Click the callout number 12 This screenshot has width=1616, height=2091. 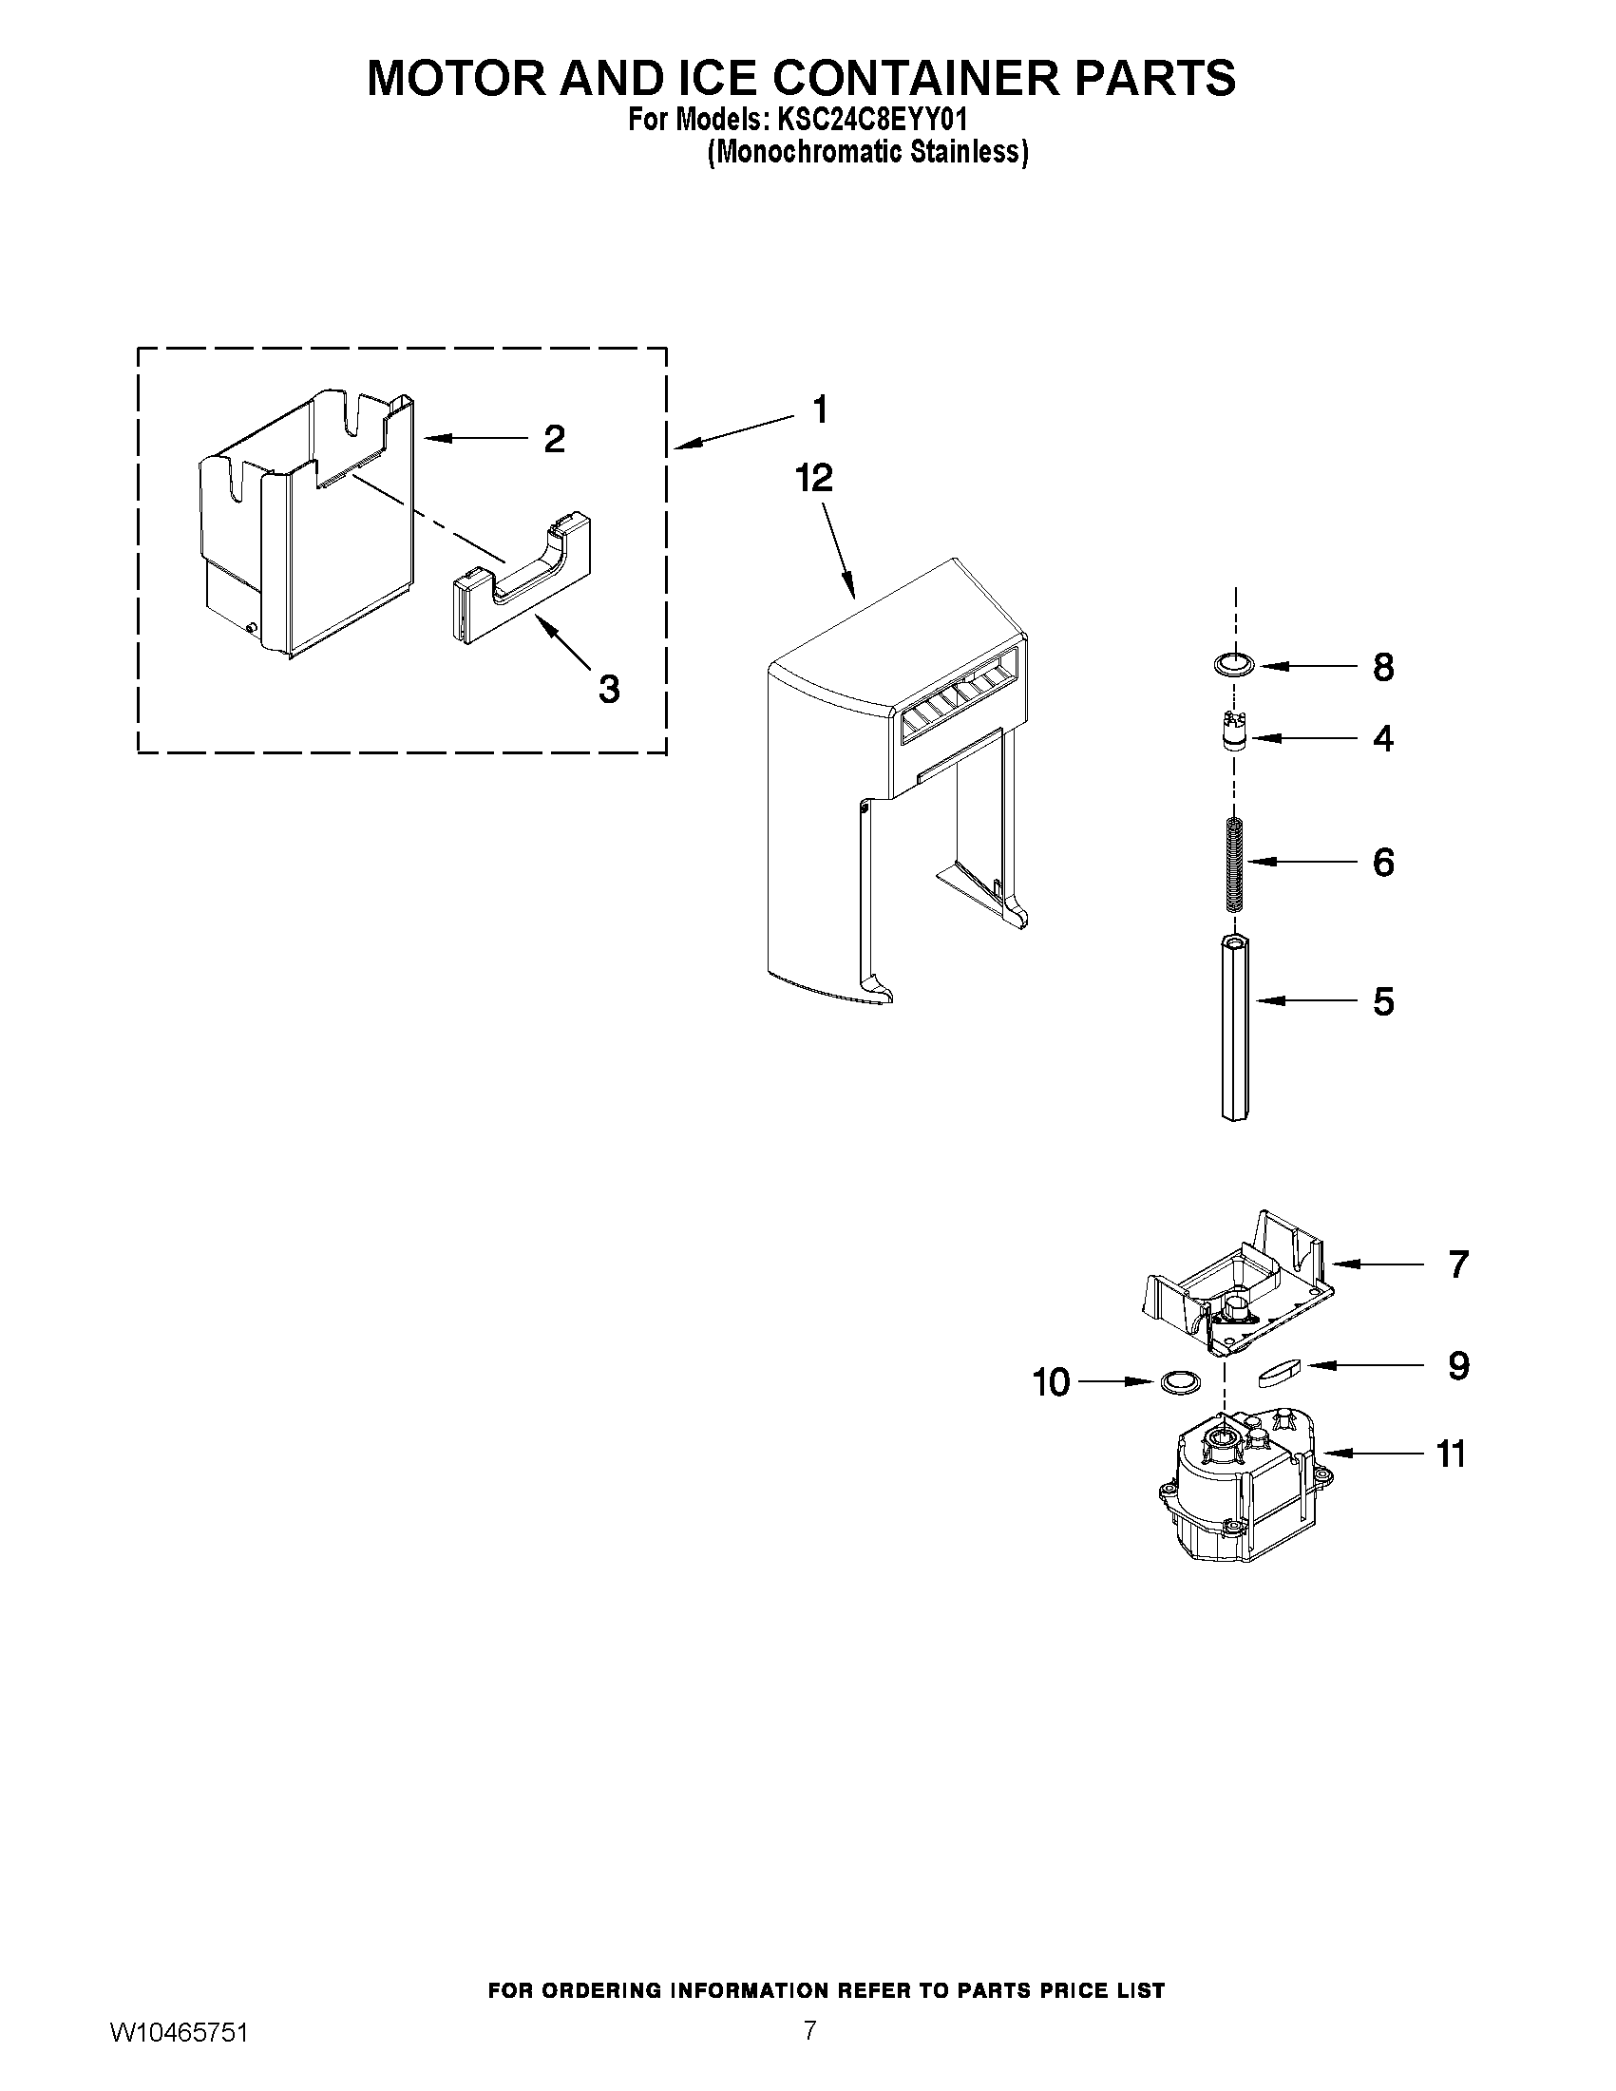(x=814, y=478)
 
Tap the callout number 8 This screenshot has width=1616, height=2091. (x=1382, y=667)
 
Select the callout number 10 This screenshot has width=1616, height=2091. (x=1051, y=1382)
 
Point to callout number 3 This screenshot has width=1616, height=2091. (x=609, y=689)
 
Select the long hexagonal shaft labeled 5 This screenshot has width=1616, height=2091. (x=1235, y=1028)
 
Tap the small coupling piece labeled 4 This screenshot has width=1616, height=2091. (x=1236, y=734)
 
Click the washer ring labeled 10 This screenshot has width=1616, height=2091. (x=1178, y=1381)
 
